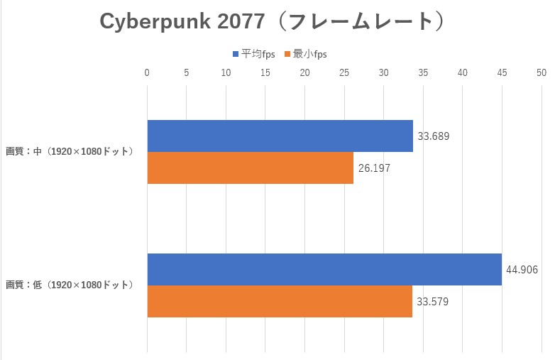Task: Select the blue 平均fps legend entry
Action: click(254, 54)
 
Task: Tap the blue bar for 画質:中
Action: click(280, 136)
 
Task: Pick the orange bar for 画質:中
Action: click(250, 168)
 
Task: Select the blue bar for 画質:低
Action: click(324, 269)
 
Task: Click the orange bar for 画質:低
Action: click(280, 302)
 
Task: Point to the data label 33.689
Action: click(434, 136)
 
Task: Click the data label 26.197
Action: click(374, 169)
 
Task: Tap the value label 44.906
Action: click(522, 270)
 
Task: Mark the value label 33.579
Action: click(433, 302)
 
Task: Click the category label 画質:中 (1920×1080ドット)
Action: click(70, 151)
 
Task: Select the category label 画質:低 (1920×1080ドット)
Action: click(70, 285)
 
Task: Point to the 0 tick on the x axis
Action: click(147, 72)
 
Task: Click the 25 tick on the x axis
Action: click(344, 72)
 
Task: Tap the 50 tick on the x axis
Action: click(542, 72)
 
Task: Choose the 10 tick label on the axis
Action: click(226, 72)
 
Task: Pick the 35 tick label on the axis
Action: click(423, 72)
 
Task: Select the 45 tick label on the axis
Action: click(502, 72)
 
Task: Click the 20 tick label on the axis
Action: click(304, 72)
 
